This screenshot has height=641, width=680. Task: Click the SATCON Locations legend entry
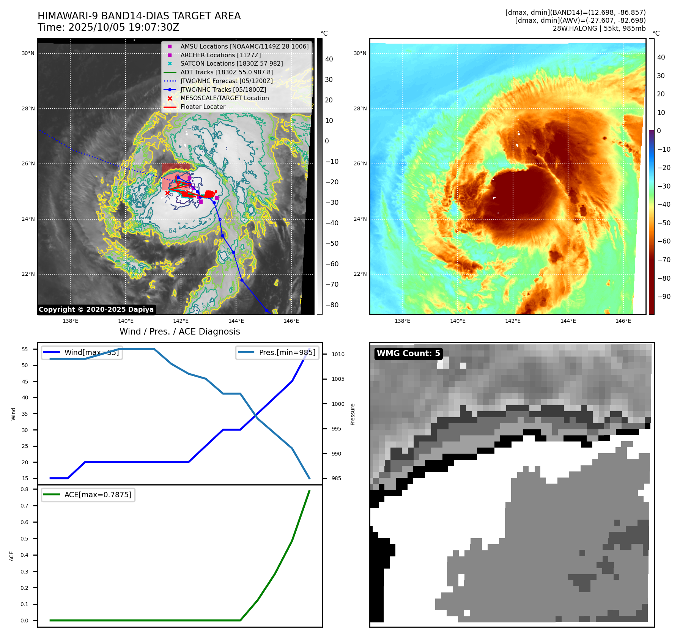(231, 64)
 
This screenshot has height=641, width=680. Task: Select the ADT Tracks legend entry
(227, 72)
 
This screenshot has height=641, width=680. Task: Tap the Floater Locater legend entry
(203, 107)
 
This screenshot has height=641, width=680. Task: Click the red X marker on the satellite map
(167, 193)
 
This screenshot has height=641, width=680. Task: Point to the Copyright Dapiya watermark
(96, 310)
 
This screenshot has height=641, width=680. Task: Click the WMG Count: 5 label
(408, 353)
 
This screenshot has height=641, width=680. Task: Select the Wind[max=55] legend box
(82, 352)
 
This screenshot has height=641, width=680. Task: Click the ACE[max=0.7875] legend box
(88, 495)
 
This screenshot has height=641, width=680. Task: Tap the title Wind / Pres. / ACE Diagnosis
(179, 331)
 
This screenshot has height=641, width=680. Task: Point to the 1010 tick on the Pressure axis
(338, 354)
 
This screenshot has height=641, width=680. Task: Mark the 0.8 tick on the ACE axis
(25, 489)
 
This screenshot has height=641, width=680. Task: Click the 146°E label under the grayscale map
(291, 321)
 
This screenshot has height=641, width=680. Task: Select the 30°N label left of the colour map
(360, 53)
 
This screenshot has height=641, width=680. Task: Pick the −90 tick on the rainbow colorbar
(664, 297)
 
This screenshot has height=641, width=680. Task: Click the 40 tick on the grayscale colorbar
(329, 59)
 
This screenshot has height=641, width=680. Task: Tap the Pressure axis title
(353, 414)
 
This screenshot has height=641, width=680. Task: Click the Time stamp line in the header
(109, 27)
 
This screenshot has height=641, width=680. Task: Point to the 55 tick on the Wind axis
(25, 349)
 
